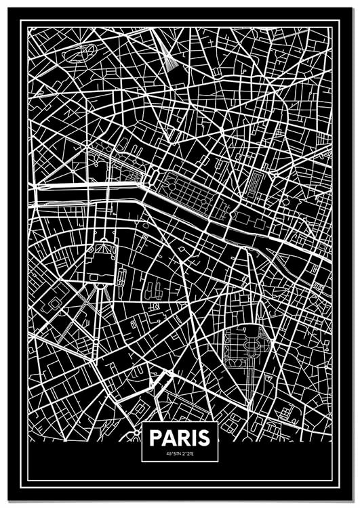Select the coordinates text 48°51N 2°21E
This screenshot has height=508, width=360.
pyautogui.click(x=180, y=453)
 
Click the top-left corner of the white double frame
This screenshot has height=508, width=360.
pyautogui.click(x=21, y=20)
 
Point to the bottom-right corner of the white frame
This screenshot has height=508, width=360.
pyautogui.click(x=338, y=487)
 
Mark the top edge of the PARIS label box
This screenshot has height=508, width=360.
pyautogui.click(x=180, y=422)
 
